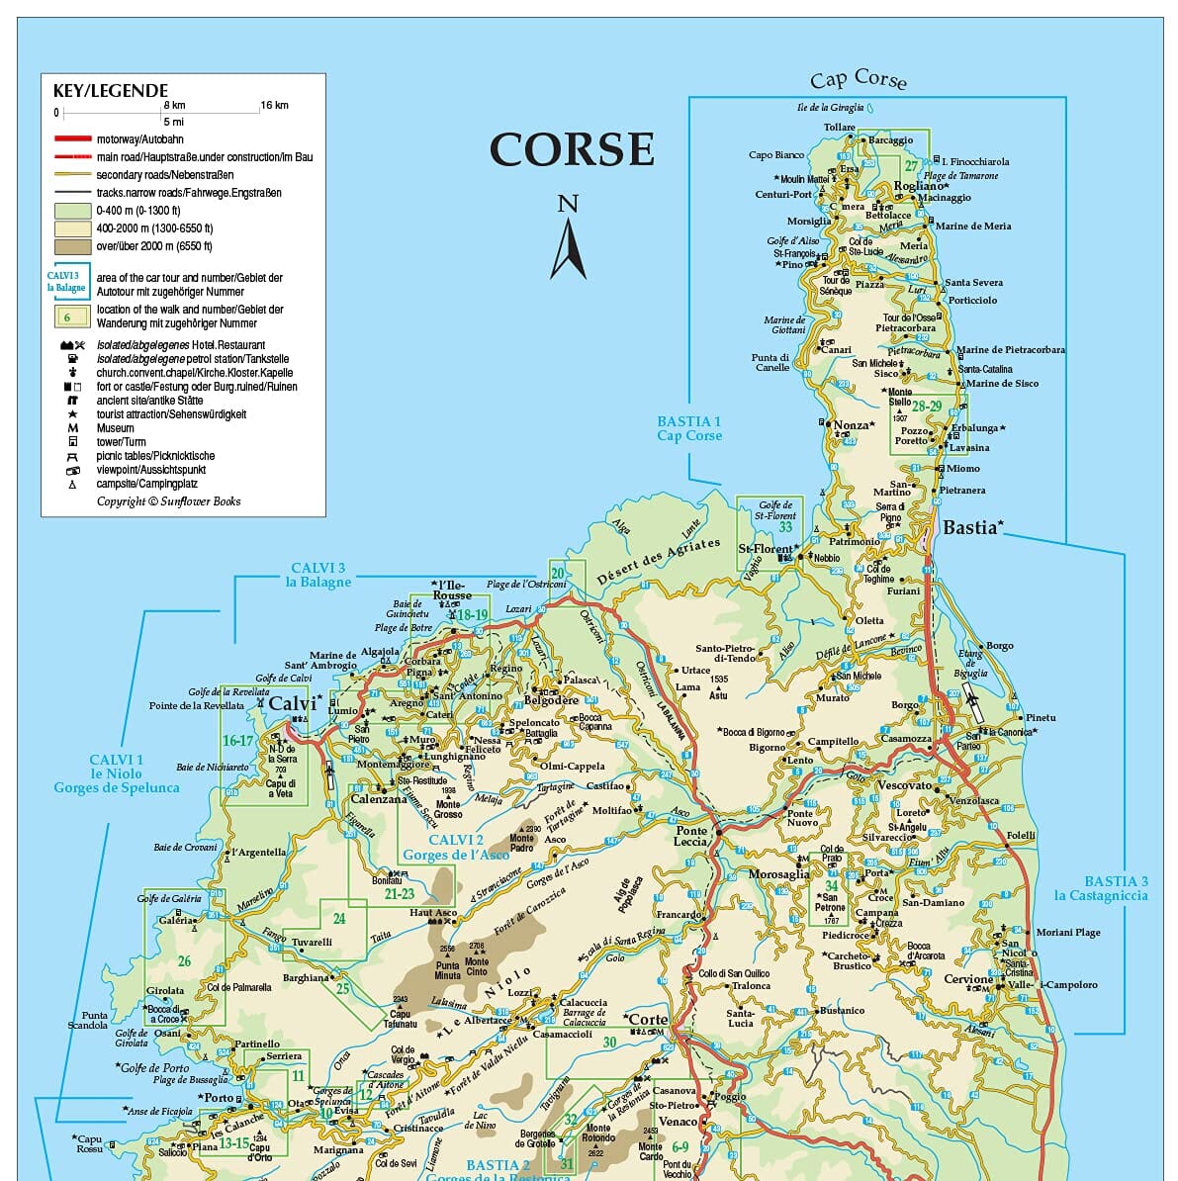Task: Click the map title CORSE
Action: point(572,150)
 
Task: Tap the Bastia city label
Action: point(969,527)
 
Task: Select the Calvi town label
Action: point(293,703)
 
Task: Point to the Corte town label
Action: point(648,1019)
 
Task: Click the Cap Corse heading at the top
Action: point(858,79)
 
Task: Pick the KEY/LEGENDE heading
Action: point(111,91)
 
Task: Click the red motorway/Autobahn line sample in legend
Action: point(73,139)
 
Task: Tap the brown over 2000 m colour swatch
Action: point(73,246)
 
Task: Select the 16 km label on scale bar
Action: point(274,105)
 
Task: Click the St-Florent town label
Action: point(766,548)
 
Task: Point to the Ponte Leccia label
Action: point(691,836)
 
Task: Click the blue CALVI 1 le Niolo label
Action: point(117,773)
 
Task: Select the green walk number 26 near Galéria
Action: point(184,960)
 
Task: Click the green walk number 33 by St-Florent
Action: point(784,527)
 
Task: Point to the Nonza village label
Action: point(851,425)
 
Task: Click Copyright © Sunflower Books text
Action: point(168,501)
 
